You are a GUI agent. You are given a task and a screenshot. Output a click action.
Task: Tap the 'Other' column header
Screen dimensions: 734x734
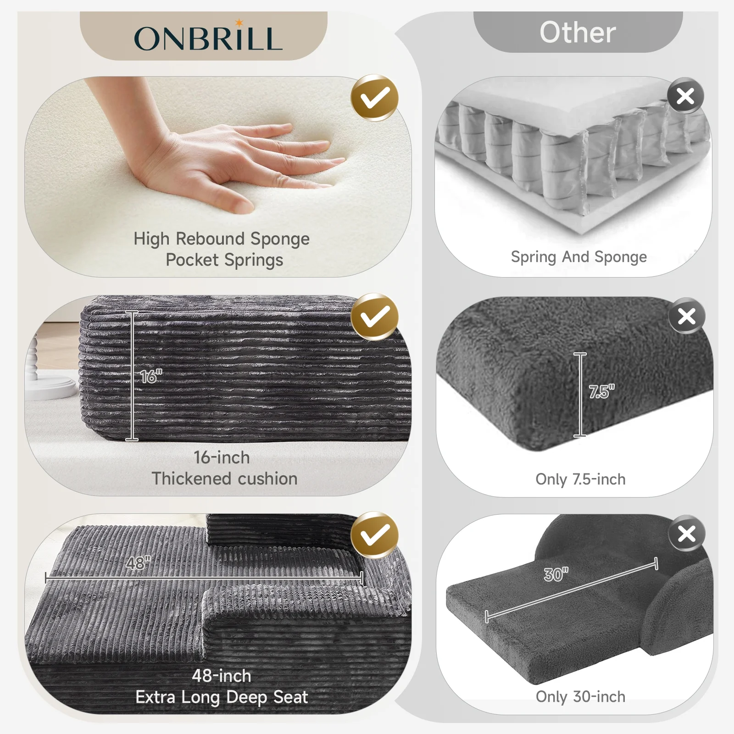pyautogui.click(x=578, y=33)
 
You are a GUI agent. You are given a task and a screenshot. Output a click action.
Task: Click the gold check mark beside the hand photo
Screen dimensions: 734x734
pyautogui.click(x=375, y=98)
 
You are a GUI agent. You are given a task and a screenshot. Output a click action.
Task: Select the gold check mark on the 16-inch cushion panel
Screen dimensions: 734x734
pyautogui.click(x=375, y=317)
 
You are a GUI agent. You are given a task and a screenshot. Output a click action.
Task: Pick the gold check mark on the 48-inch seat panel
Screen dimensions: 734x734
pyautogui.click(x=375, y=535)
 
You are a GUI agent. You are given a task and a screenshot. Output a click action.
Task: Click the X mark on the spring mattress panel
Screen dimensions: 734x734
pyautogui.click(x=685, y=96)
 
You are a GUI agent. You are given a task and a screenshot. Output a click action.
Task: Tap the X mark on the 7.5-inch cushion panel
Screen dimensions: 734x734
pyautogui.click(x=686, y=316)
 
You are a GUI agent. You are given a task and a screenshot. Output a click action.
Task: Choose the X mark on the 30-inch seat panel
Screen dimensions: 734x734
pyautogui.click(x=686, y=534)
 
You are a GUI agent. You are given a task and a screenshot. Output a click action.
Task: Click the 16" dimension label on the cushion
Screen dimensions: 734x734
pyautogui.click(x=151, y=376)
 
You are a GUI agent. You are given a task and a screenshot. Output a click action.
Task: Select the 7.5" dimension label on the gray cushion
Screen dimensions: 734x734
pyautogui.click(x=601, y=392)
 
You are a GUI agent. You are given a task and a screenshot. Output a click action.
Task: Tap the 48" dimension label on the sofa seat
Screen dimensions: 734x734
pyautogui.click(x=138, y=562)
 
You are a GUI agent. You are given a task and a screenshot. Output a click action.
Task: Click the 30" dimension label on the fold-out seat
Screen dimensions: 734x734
pyautogui.click(x=556, y=574)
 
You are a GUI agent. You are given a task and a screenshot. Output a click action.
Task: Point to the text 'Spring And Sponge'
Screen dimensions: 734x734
pyautogui.click(x=579, y=257)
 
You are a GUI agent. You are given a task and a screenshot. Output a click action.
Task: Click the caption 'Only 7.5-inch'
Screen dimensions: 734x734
pyautogui.click(x=580, y=479)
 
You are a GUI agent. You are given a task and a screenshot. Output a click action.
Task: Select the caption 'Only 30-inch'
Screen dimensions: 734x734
pyautogui.click(x=580, y=697)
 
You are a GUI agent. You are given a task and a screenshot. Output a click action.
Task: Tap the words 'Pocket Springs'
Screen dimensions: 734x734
pyautogui.click(x=224, y=260)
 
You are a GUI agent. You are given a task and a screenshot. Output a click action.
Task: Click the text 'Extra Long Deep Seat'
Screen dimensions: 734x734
pyautogui.click(x=222, y=697)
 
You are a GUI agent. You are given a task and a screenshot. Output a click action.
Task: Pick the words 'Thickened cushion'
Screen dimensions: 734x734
pyautogui.click(x=224, y=478)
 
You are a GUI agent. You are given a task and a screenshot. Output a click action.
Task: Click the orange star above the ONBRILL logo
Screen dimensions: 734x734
pyautogui.click(x=239, y=22)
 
